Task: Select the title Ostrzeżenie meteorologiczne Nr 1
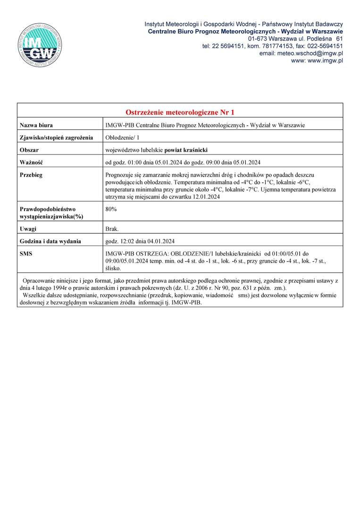point(180,112)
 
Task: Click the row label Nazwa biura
point(36,125)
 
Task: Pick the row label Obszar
point(29,150)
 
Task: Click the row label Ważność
point(32,162)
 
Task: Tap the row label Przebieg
point(31,175)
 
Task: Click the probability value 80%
point(111,208)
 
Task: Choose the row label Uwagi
point(28,229)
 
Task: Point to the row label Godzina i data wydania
point(50,241)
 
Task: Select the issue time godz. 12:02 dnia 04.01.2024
point(140,241)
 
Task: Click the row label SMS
point(26,254)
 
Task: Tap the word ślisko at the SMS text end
point(113,268)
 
